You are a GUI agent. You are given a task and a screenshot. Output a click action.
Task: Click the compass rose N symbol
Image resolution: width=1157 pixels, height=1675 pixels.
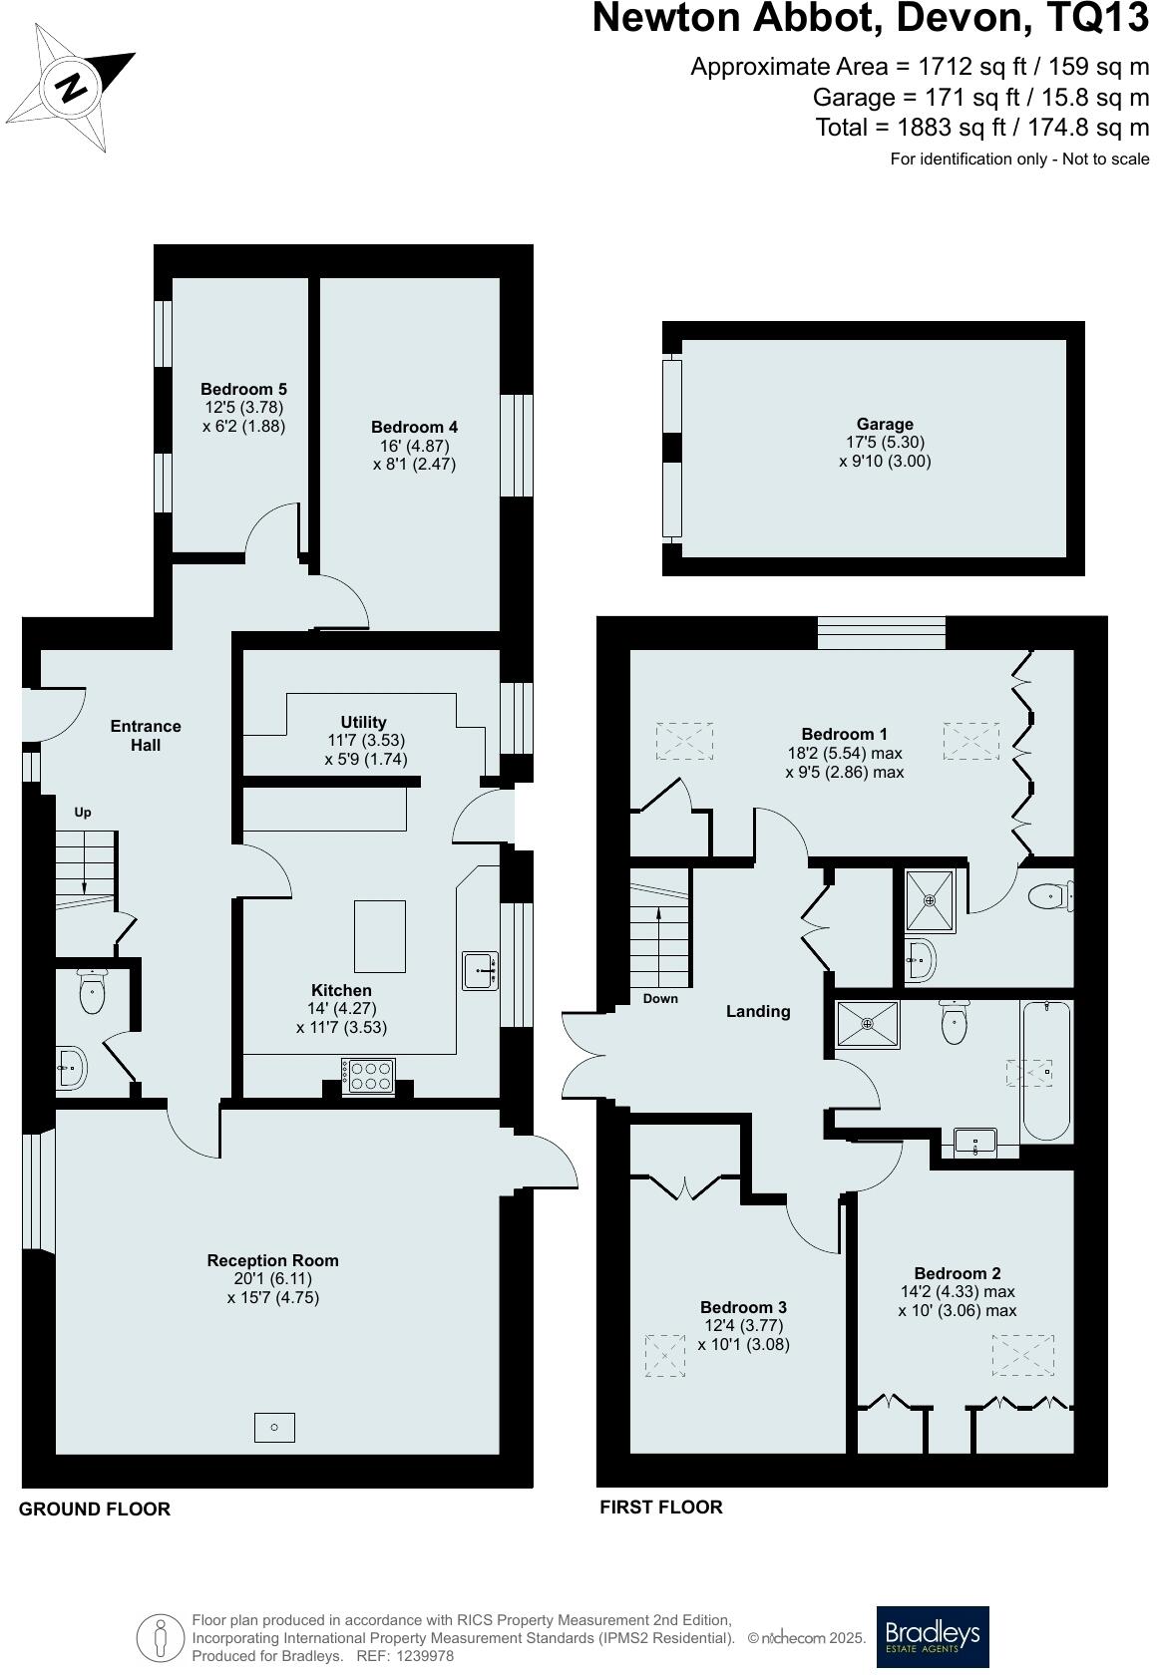pyautogui.click(x=71, y=88)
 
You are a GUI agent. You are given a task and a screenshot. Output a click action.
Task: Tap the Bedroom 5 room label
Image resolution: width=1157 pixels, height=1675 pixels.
pyautogui.click(x=243, y=389)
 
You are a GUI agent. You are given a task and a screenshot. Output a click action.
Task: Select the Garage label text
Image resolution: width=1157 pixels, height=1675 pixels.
pyautogui.click(x=885, y=424)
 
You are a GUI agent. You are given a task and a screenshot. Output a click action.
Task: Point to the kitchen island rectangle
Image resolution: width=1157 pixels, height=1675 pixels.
pyautogui.click(x=380, y=935)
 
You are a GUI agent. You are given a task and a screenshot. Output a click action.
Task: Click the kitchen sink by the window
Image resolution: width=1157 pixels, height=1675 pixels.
pyautogui.click(x=481, y=970)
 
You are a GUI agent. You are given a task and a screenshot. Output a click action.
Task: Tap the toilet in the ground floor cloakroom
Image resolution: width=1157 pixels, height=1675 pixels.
pyautogui.click(x=92, y=992)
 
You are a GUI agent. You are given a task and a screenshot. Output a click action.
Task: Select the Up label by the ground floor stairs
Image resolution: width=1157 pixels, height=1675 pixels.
pyautogui.click(x=83, y=813)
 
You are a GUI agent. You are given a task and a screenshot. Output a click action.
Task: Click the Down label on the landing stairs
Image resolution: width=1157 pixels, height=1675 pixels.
pyautogui.click(x=660, y=999)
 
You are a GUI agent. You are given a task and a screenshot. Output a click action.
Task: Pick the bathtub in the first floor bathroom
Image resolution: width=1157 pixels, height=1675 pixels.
pyautogui.click(x=1045, y=1072)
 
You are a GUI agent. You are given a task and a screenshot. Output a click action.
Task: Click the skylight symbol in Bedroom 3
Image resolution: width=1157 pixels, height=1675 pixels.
pyautogui.click(x=665, y=1356)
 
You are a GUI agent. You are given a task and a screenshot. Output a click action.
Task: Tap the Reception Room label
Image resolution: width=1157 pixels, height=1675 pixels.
pyautogui.click(x=272, y=1260)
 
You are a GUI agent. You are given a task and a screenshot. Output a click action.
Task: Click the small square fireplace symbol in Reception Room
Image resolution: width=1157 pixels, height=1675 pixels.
pyautogui.click(x=274, y=1428)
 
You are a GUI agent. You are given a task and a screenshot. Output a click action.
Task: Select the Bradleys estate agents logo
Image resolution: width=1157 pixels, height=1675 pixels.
pyautogui.click(x=933, y=1636)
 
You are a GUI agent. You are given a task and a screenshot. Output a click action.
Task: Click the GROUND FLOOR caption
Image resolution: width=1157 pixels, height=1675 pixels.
pyautogui.click(x=95, y=1509)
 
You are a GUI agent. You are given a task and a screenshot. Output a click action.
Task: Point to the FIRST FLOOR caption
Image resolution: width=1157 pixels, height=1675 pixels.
pyautogui.click(x=660, y=1507)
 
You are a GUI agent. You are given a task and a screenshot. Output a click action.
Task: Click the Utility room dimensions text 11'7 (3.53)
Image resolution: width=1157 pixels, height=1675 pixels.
pyautogui.click(x=365, y=741)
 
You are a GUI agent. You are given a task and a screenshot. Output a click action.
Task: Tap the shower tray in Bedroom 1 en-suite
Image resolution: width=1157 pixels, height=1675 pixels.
pyautogui.click(x=930, y=900)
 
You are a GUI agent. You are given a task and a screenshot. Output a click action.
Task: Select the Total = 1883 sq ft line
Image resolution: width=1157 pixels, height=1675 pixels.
pyautogui.click(x=982, y=128)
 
